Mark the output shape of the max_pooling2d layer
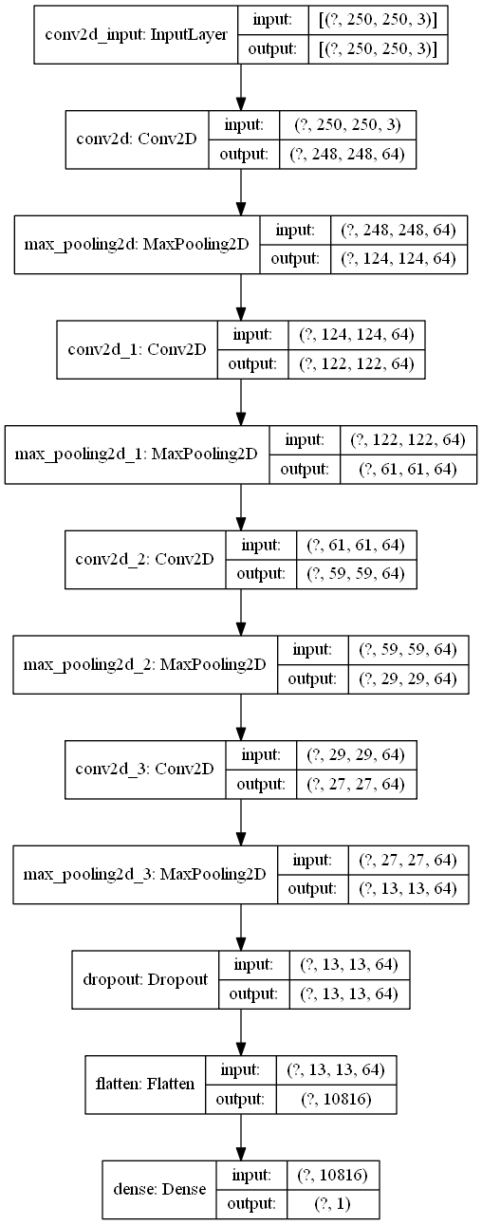pos(399,257)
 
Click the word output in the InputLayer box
pos(270,48)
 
